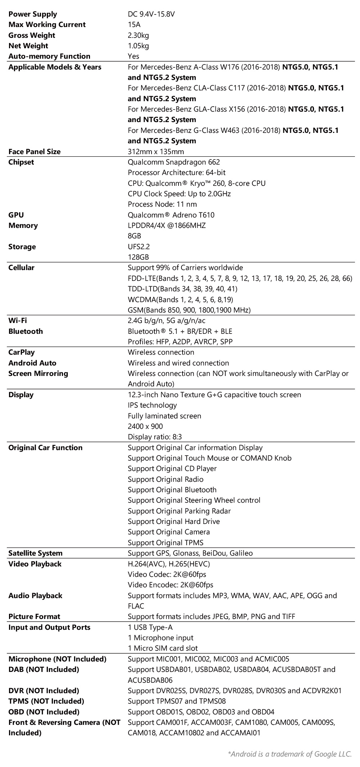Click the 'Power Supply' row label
point(33,14)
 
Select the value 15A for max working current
point(134,24)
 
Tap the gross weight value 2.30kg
point(138,35)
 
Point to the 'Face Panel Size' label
point(35,152)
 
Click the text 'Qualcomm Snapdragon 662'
point(174,162)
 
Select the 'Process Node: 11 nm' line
point(162,204)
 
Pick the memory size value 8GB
point(134,236)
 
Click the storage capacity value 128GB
point(138,257)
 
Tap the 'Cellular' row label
point(22,268)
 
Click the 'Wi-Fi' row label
point(18,320)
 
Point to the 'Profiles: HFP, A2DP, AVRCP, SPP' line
point(180,342)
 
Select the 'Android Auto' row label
point(32,363)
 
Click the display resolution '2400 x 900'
point(145,426)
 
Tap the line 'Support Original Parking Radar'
point(179,511)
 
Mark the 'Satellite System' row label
point(35,553)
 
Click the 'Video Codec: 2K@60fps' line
point(167,574)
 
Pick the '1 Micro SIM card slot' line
point(163,648)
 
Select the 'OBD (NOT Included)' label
point(44,712)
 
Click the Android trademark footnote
point(290,754)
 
